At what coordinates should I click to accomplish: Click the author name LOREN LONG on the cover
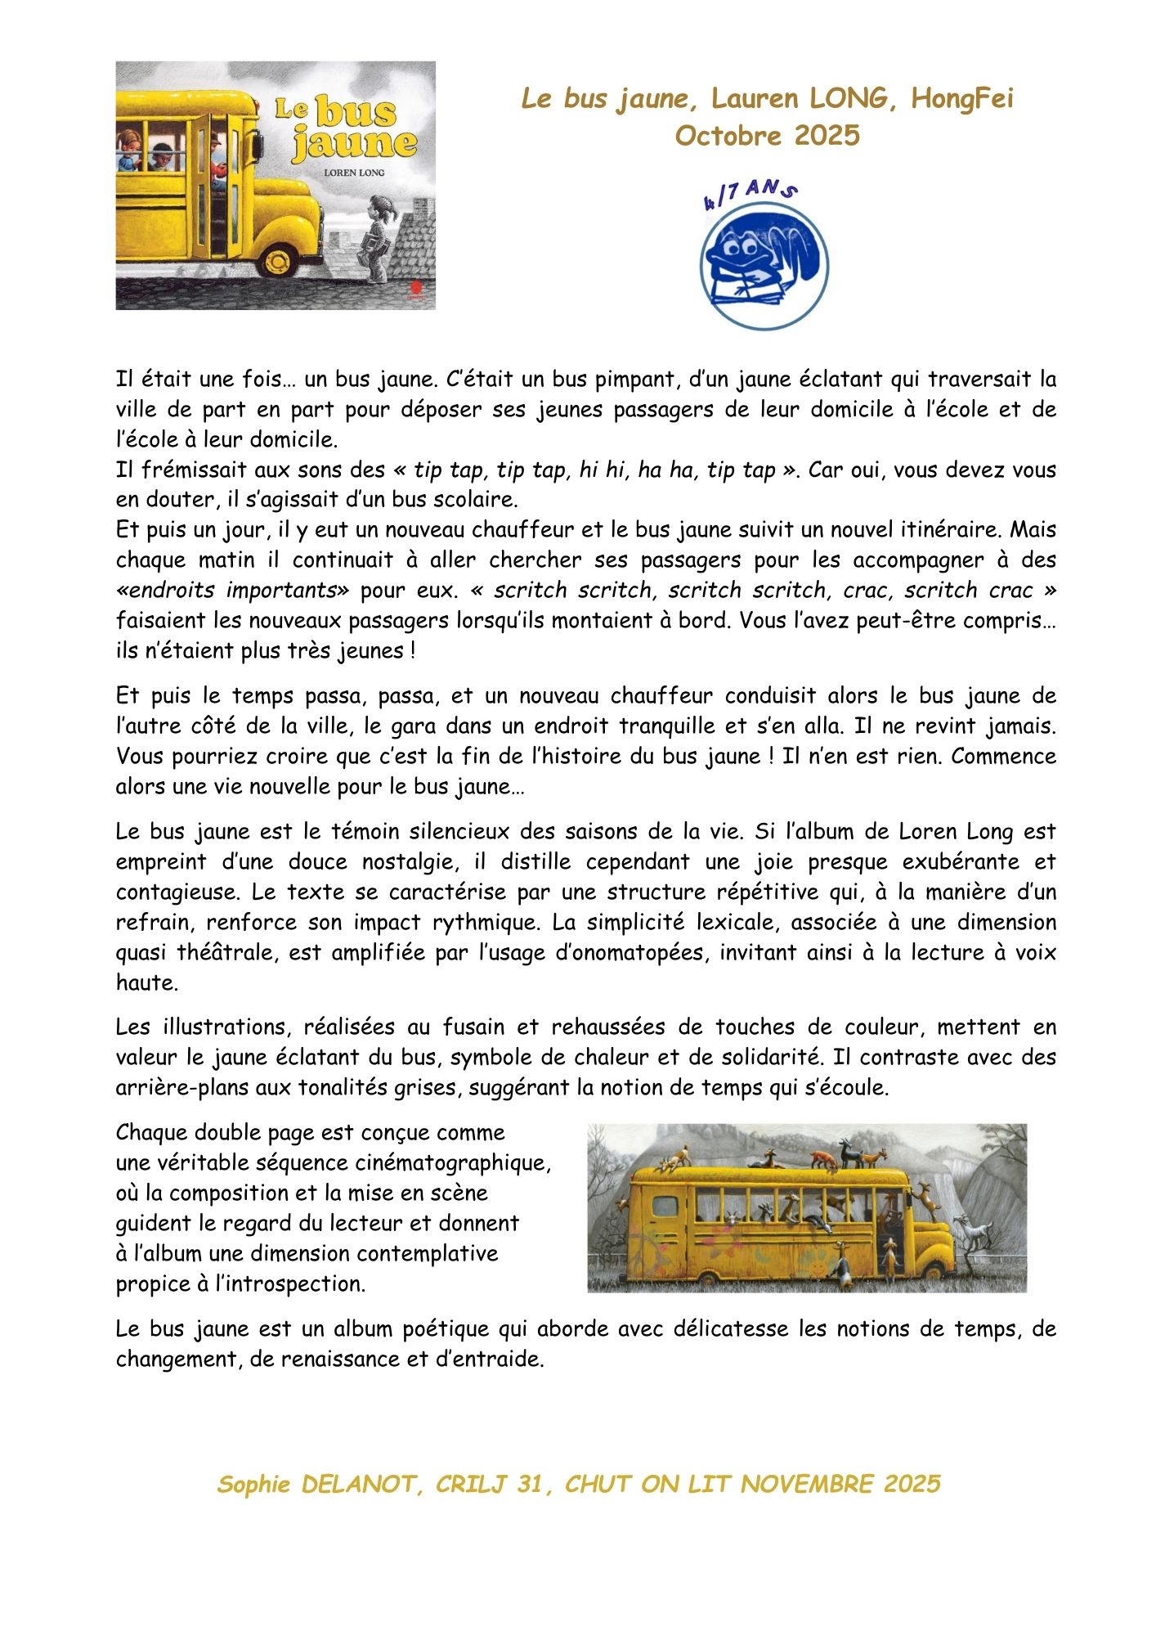353,173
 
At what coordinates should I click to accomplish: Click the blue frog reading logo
764,263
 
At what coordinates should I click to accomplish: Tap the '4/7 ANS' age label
750,194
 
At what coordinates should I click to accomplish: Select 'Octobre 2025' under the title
767,135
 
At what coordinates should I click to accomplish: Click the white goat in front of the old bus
975,1232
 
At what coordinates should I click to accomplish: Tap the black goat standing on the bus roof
852,1155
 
